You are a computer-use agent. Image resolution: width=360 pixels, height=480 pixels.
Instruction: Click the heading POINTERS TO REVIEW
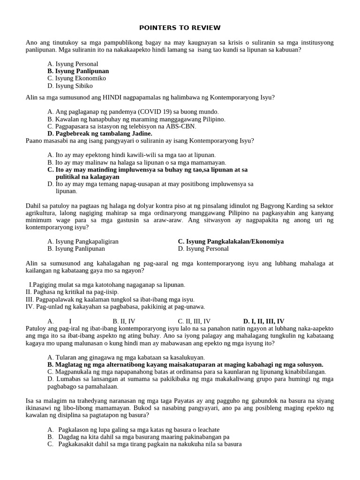pos(180,28)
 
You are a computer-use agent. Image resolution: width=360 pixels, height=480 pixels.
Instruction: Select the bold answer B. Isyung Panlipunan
pos(78,71)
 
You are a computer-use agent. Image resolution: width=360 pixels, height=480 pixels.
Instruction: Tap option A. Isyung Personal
pos(73,64)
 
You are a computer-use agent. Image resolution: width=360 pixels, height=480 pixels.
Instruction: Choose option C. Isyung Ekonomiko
pos(76,78)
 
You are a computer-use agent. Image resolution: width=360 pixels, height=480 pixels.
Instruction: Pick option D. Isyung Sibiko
pos(70,86)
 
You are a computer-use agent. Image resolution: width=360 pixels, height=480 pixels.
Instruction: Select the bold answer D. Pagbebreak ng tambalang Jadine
pos(99,134)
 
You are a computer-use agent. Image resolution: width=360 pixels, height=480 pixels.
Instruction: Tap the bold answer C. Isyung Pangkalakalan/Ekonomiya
pos(231,241)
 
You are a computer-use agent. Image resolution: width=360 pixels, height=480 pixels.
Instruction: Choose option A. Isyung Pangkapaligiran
pos(82,241)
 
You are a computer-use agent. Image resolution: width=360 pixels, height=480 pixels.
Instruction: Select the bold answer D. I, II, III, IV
pos(263,321)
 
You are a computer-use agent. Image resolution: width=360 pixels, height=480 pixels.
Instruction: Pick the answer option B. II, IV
pos(124,321)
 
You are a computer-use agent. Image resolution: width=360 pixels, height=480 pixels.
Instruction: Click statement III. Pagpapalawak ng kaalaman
pos(110,299)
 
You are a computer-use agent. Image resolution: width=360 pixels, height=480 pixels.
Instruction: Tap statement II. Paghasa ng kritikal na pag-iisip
pos(72,292)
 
